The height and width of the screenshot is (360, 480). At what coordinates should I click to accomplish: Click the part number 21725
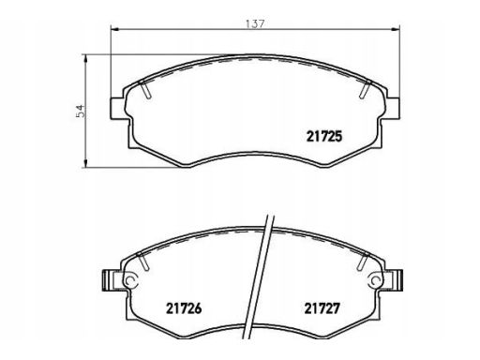pyautogui.click(x=324, y=137)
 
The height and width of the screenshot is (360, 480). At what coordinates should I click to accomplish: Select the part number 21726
pyautogui.click(x=184, y=308)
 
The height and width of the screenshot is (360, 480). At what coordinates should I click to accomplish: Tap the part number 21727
pyautogui.click(x=322, y=308)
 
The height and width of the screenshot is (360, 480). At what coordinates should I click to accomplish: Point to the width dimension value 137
pyautogui.click(x=255, y=24)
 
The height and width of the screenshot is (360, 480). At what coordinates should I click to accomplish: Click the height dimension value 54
pyautogui.click(x=81, y=111)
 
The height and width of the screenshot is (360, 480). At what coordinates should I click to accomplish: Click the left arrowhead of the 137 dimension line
pyautogui.click(x=114, y=29)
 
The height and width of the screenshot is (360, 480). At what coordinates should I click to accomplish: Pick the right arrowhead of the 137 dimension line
pyautogui.click(x=397, y=29)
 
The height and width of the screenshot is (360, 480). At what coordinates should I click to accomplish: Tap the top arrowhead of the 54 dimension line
pyautogui.click(x=85, y=59)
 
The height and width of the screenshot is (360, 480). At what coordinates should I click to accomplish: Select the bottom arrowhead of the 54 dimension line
pyautogui.click(x=85, y=163)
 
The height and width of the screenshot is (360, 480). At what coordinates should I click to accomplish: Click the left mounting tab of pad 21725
pyautogui.click(x=119, y=109)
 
